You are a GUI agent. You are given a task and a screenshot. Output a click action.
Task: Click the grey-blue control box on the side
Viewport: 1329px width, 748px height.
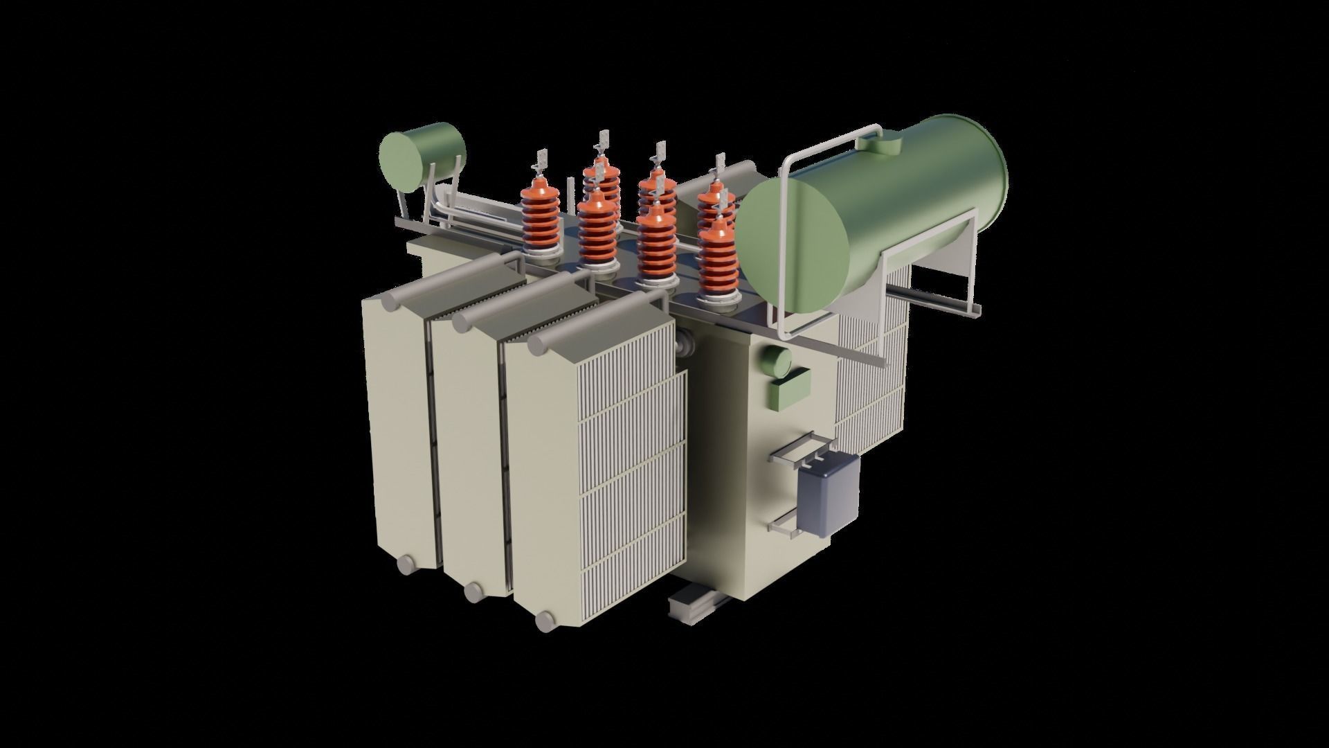pos(829,495)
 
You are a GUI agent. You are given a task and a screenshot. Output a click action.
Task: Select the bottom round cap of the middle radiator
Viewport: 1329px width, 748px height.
pos(474,591)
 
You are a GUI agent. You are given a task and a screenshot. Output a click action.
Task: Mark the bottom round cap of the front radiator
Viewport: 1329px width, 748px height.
pos(547,621)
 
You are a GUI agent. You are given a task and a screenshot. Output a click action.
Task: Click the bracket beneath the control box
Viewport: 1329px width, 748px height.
pos(786,526)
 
